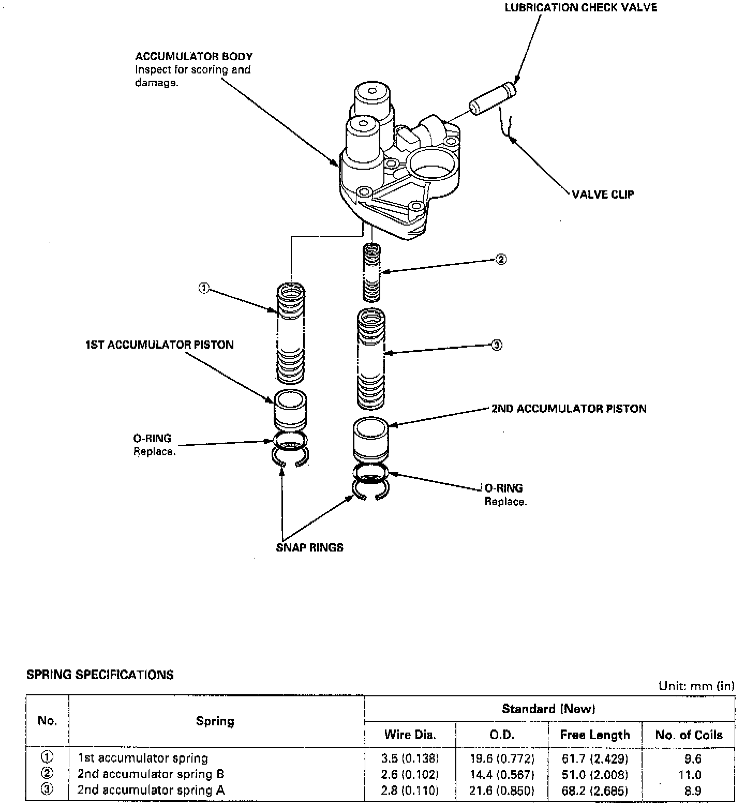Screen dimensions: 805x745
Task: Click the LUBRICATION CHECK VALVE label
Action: point(580,8)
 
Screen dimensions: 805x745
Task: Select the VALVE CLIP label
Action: point(603,195)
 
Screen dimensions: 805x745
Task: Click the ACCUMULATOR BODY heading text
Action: point(193,56)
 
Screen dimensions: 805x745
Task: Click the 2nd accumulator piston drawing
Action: point(370,438)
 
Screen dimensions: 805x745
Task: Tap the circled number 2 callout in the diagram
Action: point(500,259)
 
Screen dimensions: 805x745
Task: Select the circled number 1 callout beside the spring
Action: point(204,288)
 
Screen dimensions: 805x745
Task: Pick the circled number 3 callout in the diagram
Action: point(496,345)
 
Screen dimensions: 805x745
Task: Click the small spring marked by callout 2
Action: point(371,272)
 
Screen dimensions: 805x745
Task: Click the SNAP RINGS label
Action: point(309,547)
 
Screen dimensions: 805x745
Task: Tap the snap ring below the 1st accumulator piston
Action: point(290,457)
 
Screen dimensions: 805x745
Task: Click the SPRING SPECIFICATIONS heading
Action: point(100,675)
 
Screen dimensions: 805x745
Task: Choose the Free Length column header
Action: point(595,735)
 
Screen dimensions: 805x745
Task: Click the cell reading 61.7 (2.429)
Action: point(595,759)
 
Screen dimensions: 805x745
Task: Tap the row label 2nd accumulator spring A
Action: point(151,790)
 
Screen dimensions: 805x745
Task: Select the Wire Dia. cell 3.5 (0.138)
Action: point(410,759)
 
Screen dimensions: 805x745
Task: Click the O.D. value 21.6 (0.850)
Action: point(502,790)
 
